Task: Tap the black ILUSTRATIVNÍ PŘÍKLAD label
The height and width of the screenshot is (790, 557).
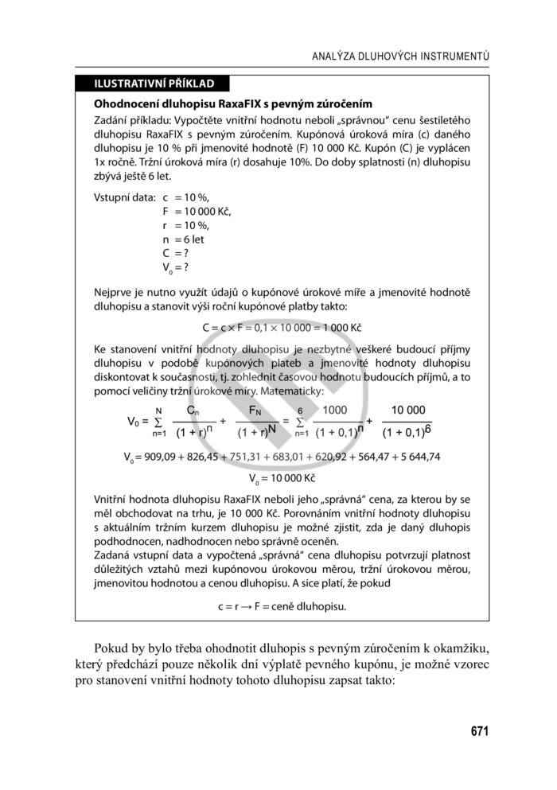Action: (151, 84)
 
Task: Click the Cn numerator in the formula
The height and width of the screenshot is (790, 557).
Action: (193, 410)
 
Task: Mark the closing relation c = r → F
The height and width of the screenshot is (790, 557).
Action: (282, 605)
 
